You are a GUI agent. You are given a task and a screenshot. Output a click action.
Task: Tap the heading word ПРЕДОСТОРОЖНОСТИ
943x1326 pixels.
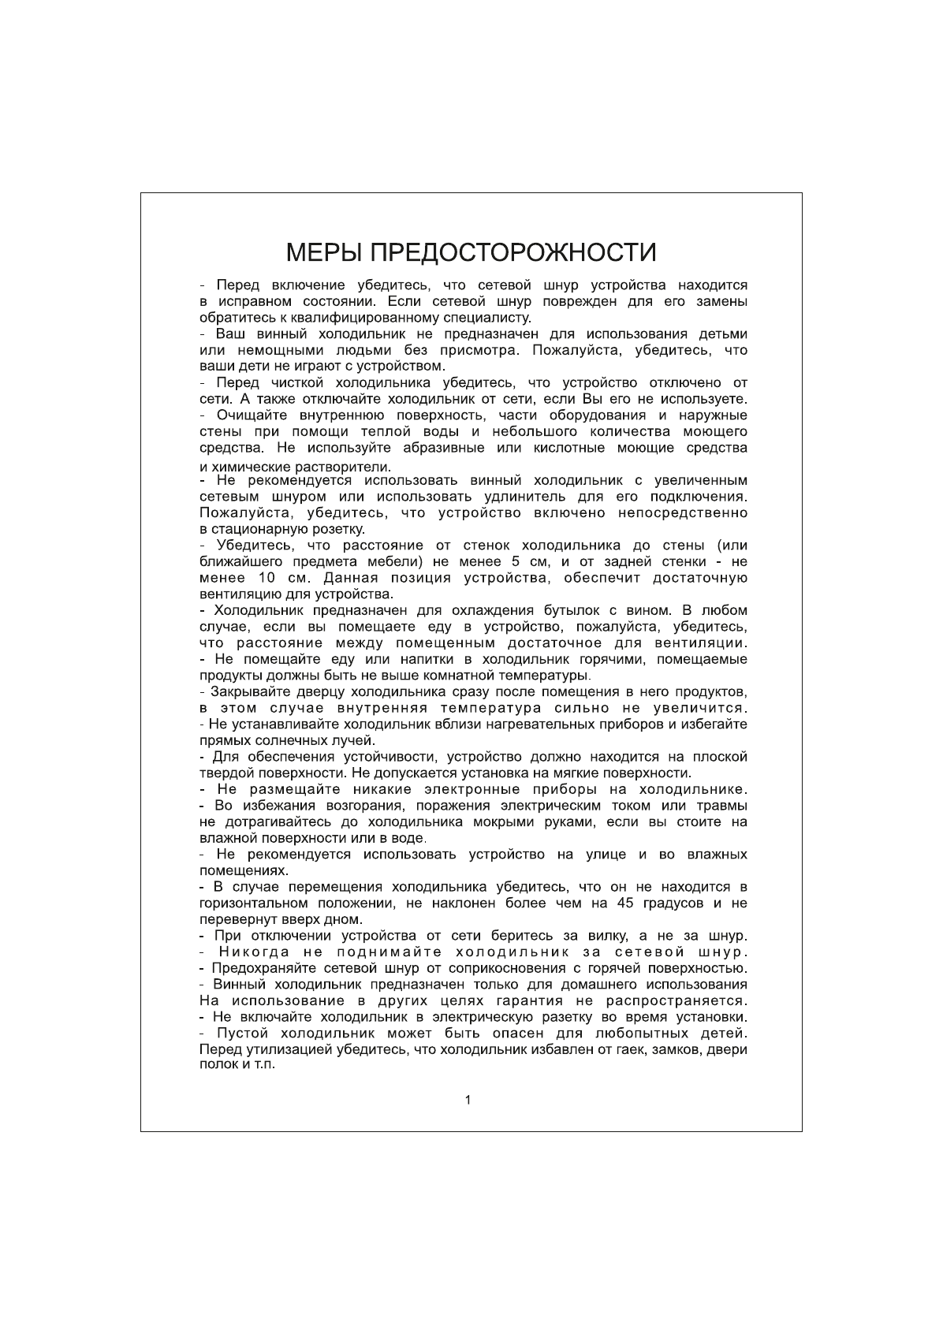pyautogui.click(x=513, y=252)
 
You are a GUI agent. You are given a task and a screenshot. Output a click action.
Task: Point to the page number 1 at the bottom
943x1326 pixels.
pyautogui.click(x=468, y=1100)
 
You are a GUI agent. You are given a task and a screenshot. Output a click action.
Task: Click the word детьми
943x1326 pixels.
pyautogui.click(x=723, y=334)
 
